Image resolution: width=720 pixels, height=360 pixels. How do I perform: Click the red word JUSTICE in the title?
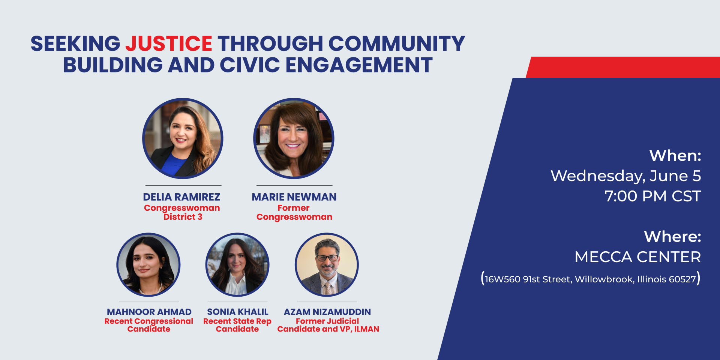(169, 43)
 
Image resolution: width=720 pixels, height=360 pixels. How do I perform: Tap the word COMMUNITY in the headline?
(397, 43)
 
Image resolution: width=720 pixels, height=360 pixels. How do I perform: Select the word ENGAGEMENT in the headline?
(359, 65)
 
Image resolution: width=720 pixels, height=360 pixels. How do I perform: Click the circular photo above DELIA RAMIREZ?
(183, 138)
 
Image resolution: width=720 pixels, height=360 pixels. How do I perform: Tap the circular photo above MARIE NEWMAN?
(294, 138)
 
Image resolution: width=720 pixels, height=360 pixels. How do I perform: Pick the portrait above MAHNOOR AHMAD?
(148, 265)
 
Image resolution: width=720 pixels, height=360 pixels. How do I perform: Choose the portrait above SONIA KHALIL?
(237, 265)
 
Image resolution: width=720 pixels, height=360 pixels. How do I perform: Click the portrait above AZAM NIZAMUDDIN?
(327, 265)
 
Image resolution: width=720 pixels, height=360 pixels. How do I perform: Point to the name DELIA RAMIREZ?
(181, 197)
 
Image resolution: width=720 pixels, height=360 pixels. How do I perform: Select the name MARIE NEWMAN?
(294, 197)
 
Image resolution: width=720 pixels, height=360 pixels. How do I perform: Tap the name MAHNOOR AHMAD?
(149, 312)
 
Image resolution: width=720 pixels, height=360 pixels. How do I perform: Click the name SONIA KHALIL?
(238, 312)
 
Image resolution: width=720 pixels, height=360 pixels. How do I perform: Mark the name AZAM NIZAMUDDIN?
(327, 312)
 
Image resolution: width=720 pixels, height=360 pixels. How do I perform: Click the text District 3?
(183, 217)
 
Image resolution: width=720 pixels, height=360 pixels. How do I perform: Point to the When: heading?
(675, 156)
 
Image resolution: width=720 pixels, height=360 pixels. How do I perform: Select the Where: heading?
(672, 237)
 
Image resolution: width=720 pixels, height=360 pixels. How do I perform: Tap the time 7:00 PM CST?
(652, 196)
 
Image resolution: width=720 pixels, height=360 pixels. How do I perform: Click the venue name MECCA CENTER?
(637, 257)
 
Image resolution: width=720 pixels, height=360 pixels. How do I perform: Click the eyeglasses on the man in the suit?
(327, 258)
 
